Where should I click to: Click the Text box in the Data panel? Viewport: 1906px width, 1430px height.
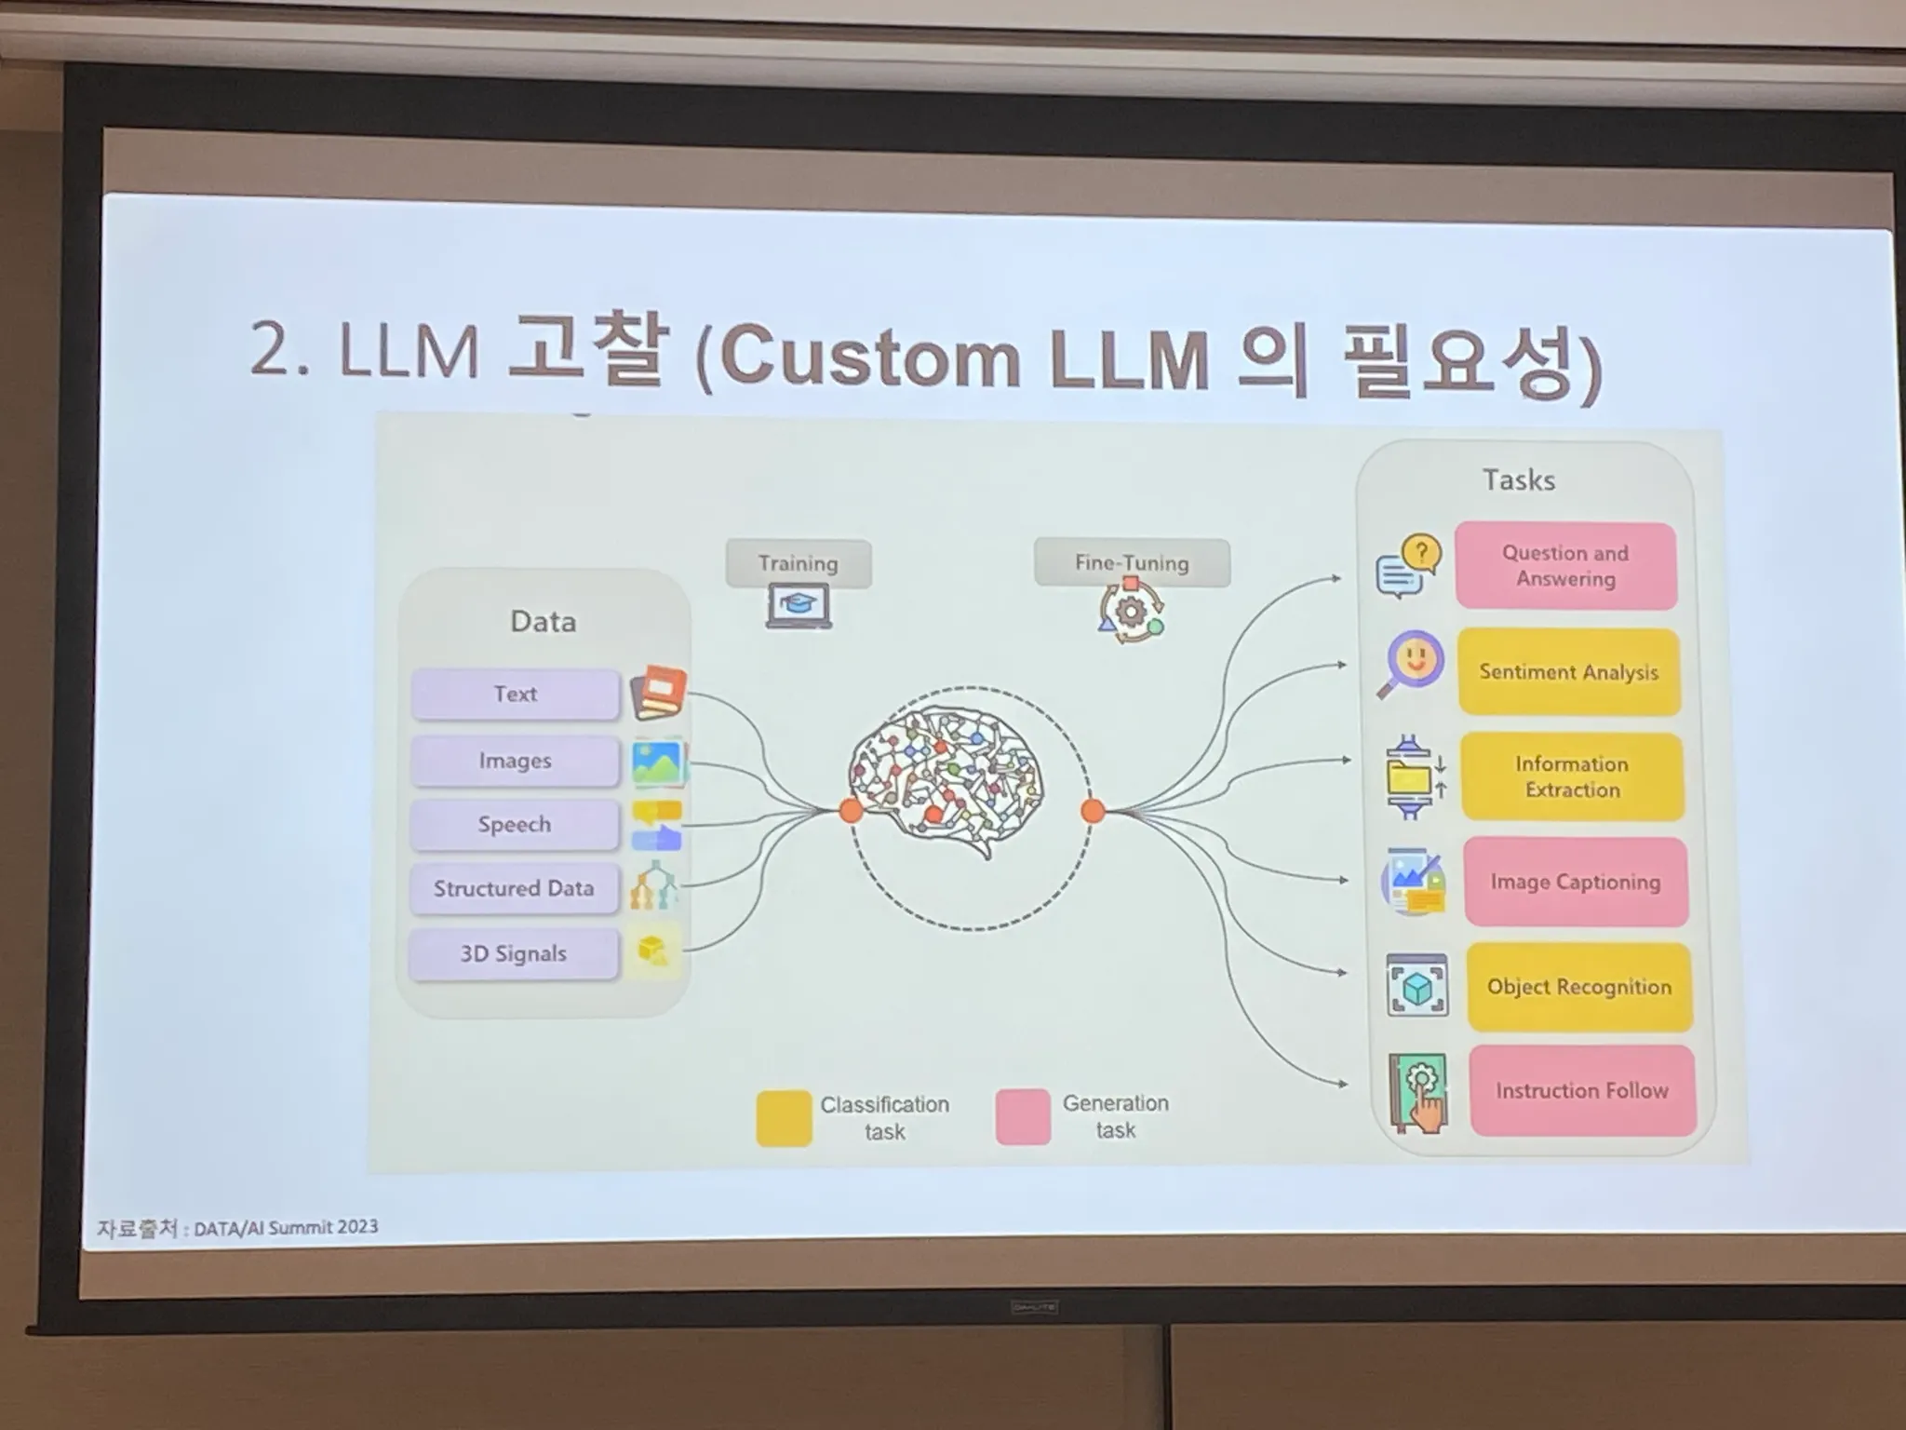click(515, 694)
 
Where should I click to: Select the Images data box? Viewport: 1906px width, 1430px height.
click(515, 761)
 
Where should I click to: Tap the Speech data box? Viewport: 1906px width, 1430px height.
click(515, 825)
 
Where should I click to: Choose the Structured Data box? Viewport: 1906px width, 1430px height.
click(514, 888)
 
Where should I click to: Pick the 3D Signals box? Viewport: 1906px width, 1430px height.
click(514, 953)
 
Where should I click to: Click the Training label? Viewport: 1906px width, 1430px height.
click(798, 563)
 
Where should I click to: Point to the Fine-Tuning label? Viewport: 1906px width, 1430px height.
click(1132, 563)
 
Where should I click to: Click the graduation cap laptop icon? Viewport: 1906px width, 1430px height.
click(799, 606)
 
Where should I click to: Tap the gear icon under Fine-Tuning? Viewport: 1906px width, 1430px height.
click(1131, 612)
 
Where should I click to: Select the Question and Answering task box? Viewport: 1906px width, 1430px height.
click(1565, 566)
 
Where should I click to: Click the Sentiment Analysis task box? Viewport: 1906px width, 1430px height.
click(1569, 672)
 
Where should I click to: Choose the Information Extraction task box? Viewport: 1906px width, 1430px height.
click(1572, 776)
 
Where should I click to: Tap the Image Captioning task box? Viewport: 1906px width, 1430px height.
click(1576, 882)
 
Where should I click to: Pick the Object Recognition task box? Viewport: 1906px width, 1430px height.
click(1579, 987)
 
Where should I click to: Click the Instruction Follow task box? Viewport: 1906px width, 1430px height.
click(1582, 1090)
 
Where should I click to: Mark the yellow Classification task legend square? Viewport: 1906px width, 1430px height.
click(784, 1117)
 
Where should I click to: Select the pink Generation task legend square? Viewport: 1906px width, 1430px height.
click(1023, 1116)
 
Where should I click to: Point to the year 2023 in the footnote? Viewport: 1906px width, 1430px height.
click(357, 1226)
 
